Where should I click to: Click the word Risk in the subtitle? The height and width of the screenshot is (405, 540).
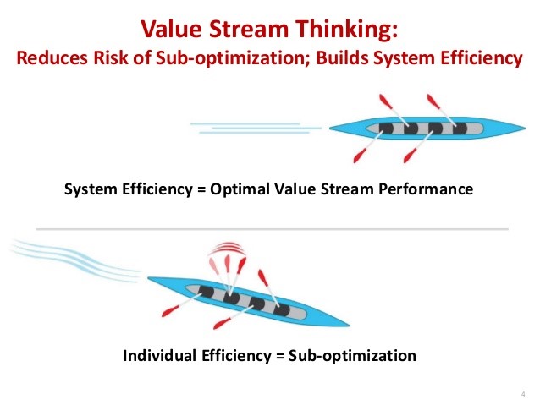tap(111, 57)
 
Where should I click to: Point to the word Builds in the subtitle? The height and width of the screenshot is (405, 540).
tap(342, 57)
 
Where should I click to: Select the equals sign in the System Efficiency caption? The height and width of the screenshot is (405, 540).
tap(201, 190)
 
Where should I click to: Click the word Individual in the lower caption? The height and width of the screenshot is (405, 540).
tap(159, 355)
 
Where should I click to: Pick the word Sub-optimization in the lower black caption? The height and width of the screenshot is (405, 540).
tap(352, 356)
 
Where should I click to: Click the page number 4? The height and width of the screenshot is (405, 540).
tap(523, 394)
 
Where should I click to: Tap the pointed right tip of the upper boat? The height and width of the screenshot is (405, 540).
tap(526, 128)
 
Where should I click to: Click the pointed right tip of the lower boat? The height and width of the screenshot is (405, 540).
tap(349, 325)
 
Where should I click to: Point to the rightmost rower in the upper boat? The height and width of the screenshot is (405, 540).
tap(460, 129)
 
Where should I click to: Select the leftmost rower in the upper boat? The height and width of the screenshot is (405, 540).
tap(387, 129)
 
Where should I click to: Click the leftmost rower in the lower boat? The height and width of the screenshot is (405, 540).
tap(206, 292)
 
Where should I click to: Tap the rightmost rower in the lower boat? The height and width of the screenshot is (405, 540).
tap(282, 310)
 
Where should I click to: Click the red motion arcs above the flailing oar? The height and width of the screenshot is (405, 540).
tap(227, 248)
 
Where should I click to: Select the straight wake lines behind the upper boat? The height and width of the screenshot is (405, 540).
tap(256, 128)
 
